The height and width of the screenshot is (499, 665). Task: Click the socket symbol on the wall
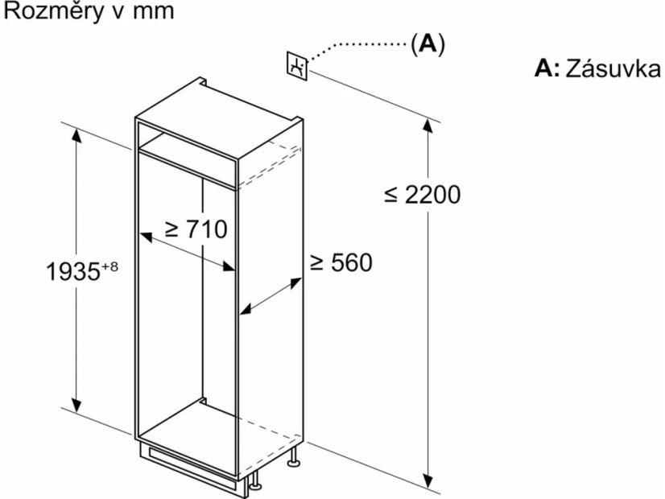click(297, 66)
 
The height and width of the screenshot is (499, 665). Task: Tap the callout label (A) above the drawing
click(427, 43)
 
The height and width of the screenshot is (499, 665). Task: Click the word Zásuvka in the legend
click(613, 68)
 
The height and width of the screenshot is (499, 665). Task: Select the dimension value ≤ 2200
click(422, 195)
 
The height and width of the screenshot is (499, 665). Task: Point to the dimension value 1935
click(72, 271)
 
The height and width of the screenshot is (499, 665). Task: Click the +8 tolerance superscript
click(109, 266)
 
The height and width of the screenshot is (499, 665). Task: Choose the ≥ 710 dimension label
click(196, 229)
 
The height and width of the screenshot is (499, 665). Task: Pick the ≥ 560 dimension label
click(341, 262)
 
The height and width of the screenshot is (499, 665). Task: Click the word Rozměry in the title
click(53, 11)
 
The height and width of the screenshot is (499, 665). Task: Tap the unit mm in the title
click(154, 12)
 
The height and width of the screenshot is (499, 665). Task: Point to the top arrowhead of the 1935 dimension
click(76, 135)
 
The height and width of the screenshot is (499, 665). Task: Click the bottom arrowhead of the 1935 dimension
click(76, 406)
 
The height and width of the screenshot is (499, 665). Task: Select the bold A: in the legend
click(547, 68)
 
